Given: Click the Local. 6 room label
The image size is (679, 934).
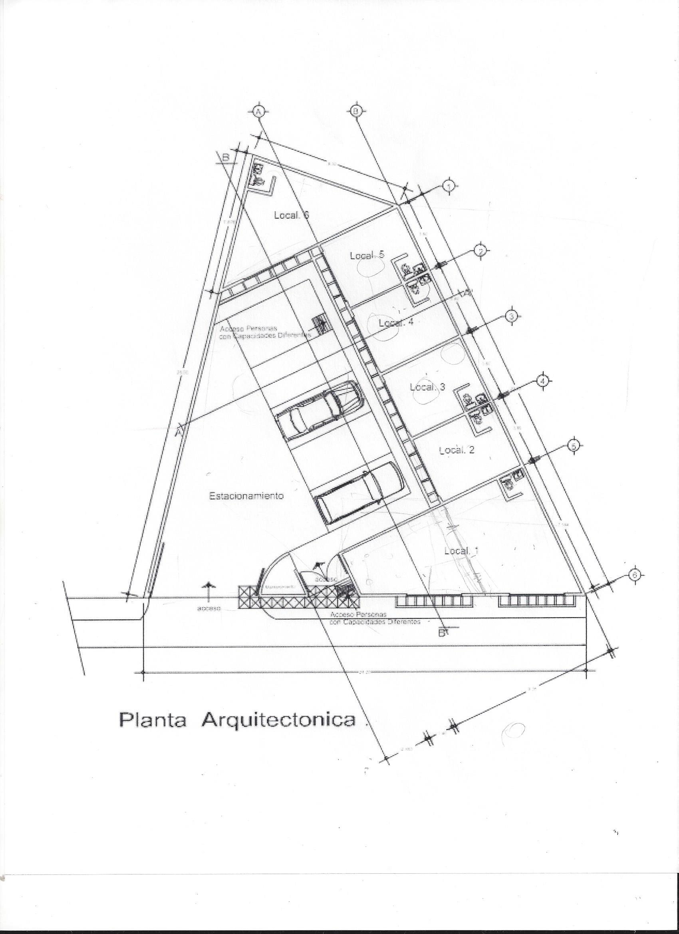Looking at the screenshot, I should pos(291,215).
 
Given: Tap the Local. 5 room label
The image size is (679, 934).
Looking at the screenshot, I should pos(367,256).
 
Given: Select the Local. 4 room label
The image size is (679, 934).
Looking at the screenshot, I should pos(396,323).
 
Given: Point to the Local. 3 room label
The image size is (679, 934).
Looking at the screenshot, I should pos(427,387).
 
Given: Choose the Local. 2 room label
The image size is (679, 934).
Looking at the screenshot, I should pos(457,450).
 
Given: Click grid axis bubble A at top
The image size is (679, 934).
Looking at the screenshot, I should pos(258,111).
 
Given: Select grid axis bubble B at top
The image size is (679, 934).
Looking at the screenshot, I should pos(355,110).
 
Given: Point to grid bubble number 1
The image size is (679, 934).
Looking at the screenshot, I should pos(449,186).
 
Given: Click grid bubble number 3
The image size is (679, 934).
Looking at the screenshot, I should pos(511,317).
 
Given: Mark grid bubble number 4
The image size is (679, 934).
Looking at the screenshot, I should pos(543,382).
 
